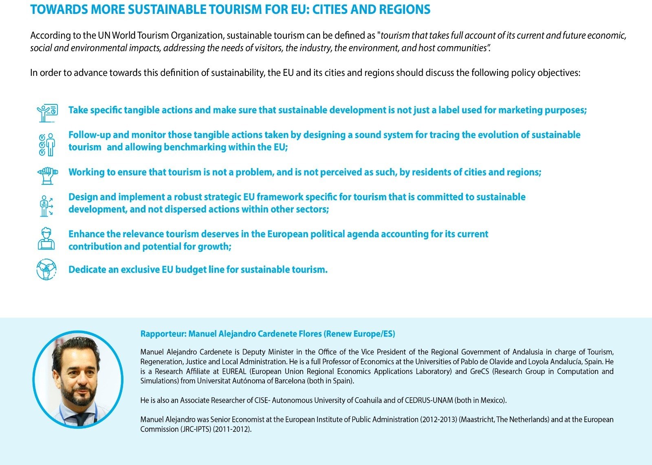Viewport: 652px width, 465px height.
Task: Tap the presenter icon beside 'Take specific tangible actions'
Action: click(x=47, y=113)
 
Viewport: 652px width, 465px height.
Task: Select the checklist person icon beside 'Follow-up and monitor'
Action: click(x=46, y=144)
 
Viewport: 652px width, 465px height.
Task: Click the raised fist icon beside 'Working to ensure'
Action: click(x=47, y=175)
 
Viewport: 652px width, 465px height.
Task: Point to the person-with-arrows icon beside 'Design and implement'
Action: click(x=46, y=206)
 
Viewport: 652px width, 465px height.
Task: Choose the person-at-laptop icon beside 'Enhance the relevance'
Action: click(x=46, y=239)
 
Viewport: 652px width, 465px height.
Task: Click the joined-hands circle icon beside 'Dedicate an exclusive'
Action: click(x=46, y=269)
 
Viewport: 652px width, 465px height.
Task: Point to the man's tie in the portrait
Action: click(x=82, y=418)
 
